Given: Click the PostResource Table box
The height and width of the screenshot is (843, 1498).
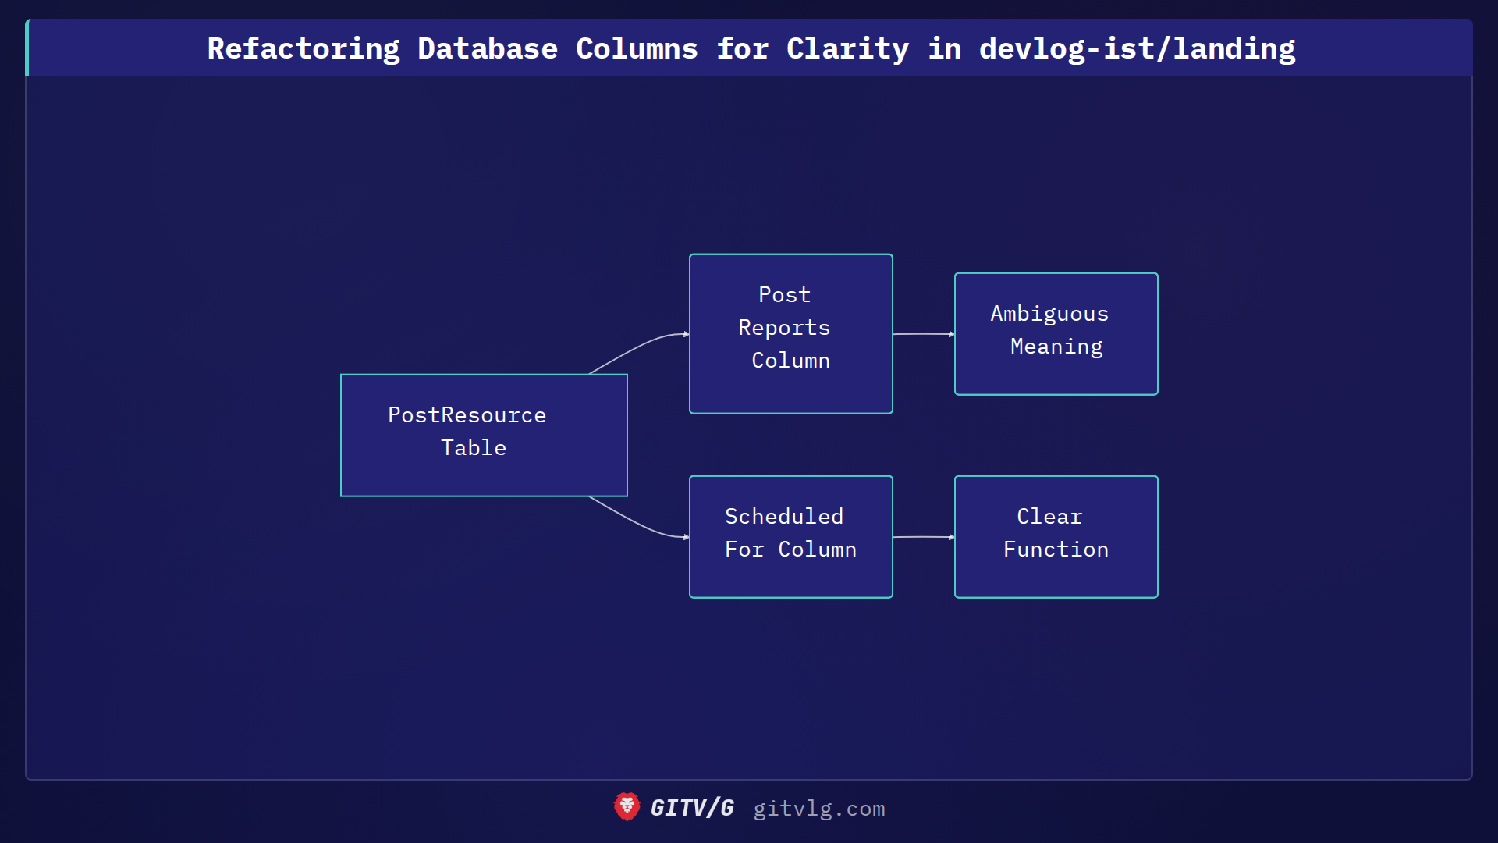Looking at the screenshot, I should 484,435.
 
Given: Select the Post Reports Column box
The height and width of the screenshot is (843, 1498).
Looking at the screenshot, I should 790,333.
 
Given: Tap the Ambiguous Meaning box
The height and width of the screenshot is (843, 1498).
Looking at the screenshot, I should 1056,333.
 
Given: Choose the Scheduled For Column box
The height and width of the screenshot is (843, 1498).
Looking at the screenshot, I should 790,536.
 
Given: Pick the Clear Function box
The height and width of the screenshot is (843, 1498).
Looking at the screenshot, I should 1056,536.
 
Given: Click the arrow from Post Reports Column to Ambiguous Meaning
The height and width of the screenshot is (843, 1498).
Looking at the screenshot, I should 923,334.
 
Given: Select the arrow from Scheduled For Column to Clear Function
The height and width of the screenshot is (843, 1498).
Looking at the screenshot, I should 923,537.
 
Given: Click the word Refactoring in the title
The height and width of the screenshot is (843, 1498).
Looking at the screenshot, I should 304,48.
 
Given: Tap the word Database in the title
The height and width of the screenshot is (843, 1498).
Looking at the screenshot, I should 488,48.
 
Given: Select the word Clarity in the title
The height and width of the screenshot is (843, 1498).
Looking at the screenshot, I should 847,48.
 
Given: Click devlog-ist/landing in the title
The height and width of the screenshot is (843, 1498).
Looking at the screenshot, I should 1137,48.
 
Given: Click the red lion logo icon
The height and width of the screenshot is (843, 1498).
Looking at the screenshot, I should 627,807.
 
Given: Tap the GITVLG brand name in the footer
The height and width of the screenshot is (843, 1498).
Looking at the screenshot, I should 692,808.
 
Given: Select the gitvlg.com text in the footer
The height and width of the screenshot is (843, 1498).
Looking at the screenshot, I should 818,809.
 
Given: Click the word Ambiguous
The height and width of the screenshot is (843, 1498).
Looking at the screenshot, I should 1049,314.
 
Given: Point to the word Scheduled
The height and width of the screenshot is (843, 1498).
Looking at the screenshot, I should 783,517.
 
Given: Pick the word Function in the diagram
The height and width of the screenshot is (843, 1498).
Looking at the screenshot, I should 1056,550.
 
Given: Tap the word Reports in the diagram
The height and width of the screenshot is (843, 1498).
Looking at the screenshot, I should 784,328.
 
